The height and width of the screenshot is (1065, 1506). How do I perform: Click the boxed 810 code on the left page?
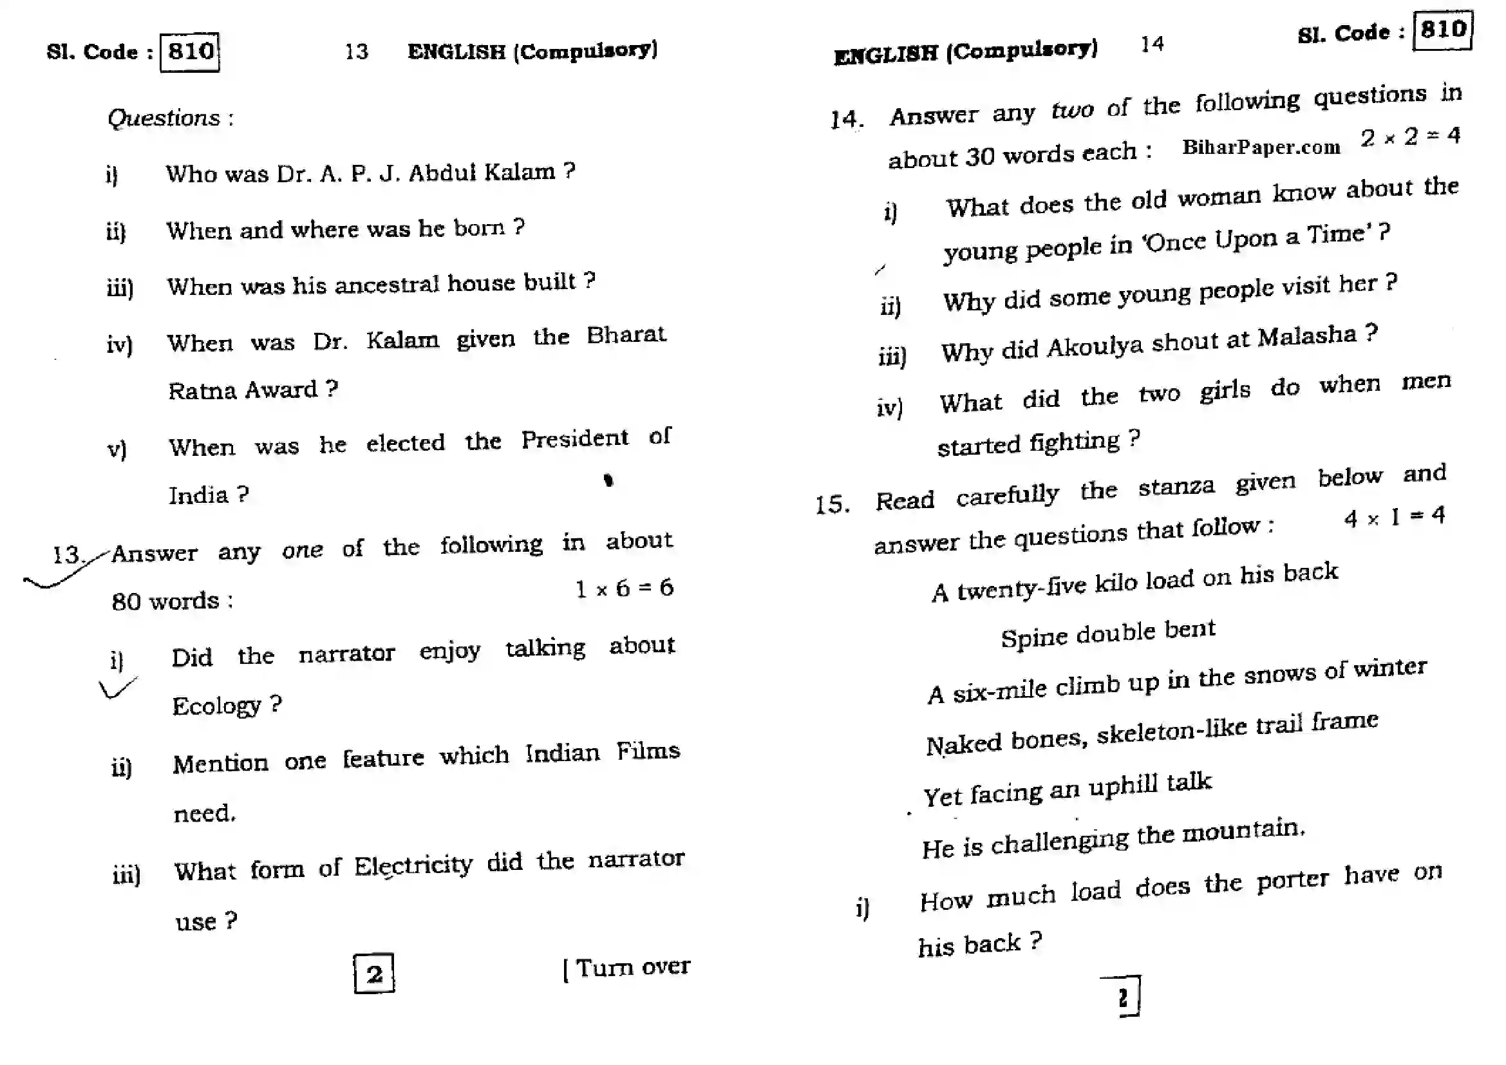click(189, 52)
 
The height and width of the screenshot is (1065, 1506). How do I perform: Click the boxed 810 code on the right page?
click(1442, 30)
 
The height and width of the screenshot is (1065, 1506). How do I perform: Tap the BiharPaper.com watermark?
click(1261, 147)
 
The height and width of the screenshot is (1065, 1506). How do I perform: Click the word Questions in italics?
click(164, 118)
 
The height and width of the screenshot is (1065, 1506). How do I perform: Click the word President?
click(574, 438)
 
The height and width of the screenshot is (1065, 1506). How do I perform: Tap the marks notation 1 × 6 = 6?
click(624, 588)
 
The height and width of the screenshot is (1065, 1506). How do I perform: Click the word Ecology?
click(216, 706)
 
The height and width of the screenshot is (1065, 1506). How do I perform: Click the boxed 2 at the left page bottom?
click(374, 974)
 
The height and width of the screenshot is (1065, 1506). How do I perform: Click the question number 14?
click(846, 119)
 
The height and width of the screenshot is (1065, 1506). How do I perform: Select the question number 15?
click(832, 505)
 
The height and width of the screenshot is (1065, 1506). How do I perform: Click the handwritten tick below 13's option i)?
click(117, 688)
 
